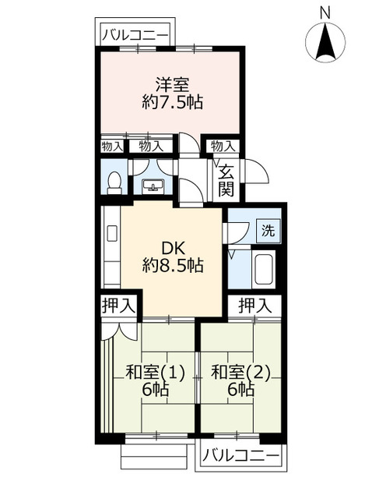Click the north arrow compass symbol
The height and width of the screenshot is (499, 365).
[325, 42]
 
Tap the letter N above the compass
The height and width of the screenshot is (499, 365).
[325, 13]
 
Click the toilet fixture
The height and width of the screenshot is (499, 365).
[114, 183]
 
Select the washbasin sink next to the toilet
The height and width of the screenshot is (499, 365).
[153, 186]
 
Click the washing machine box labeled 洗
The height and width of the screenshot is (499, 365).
[268, 231]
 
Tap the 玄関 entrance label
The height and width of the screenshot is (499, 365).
[226, 181]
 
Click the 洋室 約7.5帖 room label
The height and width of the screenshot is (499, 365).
[172, 94]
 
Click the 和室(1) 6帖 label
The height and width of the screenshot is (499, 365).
[155, 380]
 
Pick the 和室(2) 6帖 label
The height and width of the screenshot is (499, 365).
[240, 380]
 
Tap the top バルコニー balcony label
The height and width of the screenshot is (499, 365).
[135, 35]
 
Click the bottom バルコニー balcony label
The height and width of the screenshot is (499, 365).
[241, 457]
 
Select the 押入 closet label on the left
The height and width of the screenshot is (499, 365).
[118, 305]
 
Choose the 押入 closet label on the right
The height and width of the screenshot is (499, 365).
[255, 306]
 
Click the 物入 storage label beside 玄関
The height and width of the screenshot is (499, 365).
[223, 147]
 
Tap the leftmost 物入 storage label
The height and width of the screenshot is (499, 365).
[112, 147]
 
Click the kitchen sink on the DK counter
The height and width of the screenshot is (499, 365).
[112, 233]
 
